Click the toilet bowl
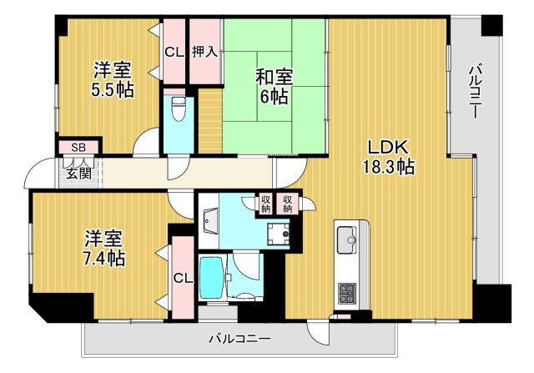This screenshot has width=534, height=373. click(178, 108)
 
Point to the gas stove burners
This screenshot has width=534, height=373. click(345, 293)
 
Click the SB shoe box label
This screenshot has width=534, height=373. click(78, 147)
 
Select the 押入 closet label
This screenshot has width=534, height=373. click(205, 52)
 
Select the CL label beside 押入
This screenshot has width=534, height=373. click(174, 52)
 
